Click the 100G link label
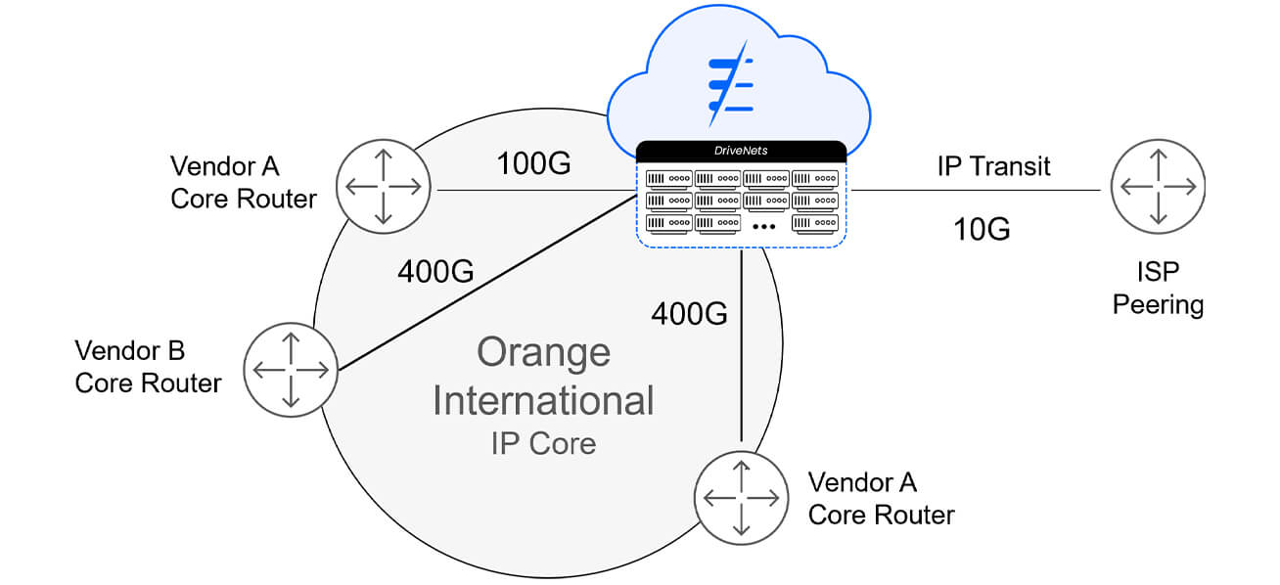(x=532, y=164)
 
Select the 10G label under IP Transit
(x=982, y=229)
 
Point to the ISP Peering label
(x=1158, y=288)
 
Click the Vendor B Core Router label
(x=148, y=366)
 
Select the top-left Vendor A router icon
(x=383, y=185)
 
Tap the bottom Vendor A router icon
(x=741, y=497)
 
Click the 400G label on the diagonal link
(x=435, y=271)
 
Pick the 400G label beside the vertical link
(x=690, y=313)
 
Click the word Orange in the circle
(x=543, y=352)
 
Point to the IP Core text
(x=543, y=443)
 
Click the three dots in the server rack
(x=765, y=227)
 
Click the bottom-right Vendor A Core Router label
(x=881, y=498)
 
